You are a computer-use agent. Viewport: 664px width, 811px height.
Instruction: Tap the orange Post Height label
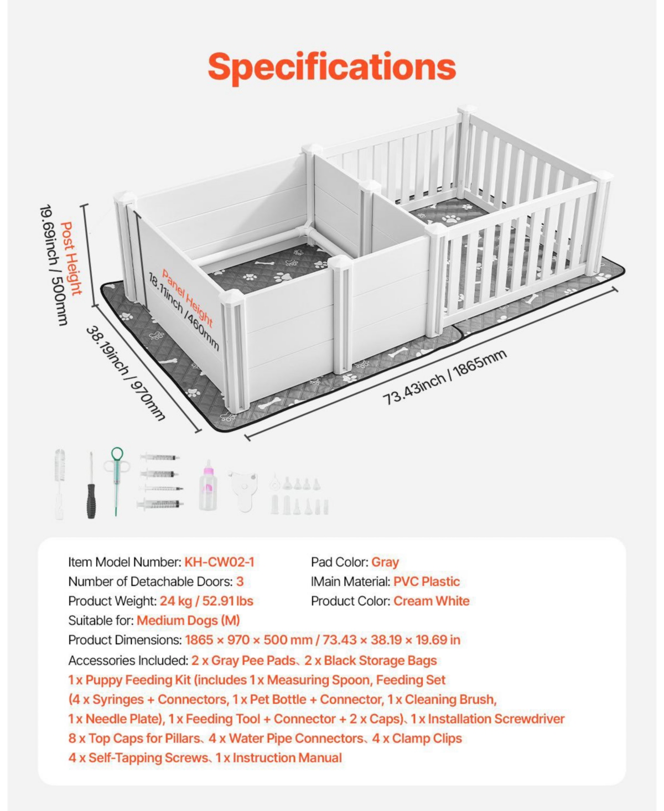click(x=72, y=259)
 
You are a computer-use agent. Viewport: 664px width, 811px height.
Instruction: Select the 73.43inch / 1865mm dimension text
click(x=444, y=377)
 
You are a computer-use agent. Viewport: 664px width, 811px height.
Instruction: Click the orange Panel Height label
click(x=188, y=298)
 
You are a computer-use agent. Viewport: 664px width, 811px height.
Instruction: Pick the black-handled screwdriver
click(x=91, y=486)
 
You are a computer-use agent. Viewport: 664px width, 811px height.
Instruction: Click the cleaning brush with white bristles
click(x=60, y=484)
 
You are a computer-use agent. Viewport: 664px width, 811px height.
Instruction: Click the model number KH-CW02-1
click(x=219, y=562)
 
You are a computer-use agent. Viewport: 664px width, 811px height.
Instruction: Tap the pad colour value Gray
click(x=385, y=563)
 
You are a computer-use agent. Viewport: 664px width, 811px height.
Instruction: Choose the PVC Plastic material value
click(x=426, y=581)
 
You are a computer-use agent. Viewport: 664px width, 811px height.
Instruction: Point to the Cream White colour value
click(x=431, y=601)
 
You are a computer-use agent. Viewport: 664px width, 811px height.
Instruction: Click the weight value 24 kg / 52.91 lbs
click(x=206, y=601)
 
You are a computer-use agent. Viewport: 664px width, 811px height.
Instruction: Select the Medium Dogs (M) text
click(x=188, y=620)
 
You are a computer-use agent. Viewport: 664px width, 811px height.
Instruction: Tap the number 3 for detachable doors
click(x=240, y=581)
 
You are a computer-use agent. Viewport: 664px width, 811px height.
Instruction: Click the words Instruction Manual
click(x=287, y=758)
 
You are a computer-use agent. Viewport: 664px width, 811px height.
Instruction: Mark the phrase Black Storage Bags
click(x=380, y=661)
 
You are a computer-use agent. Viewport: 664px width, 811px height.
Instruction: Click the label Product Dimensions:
click(x=125, y=640)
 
